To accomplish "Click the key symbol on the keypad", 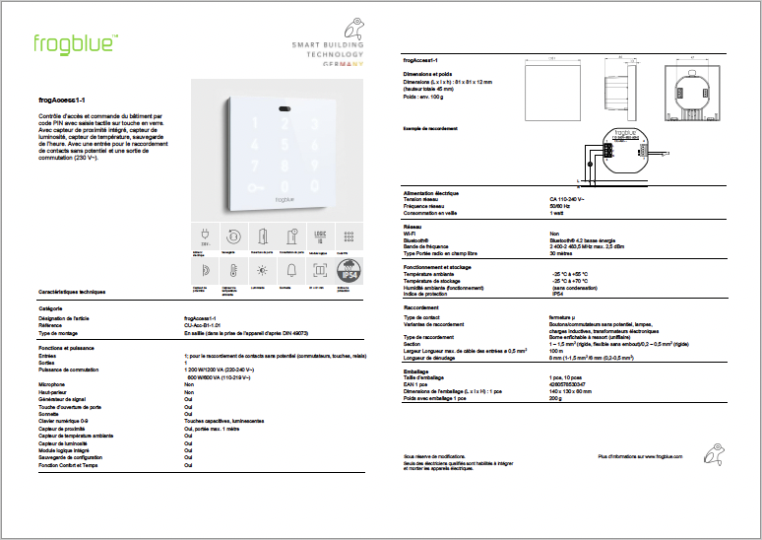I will click(257, 186).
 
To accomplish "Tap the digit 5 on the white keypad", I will click(284, 144).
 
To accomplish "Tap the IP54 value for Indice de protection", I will click(557, 293).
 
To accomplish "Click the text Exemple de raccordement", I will click(430, 127).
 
